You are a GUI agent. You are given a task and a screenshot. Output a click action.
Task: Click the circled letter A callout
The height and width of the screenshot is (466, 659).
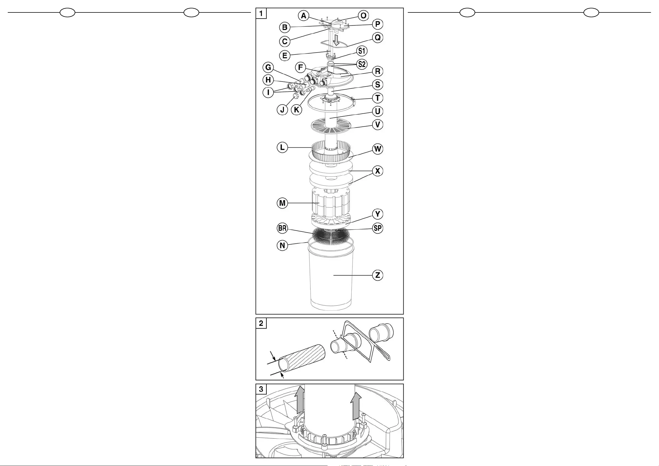(303, 16)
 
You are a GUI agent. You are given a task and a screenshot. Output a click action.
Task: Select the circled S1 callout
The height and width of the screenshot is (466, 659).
(362, 51)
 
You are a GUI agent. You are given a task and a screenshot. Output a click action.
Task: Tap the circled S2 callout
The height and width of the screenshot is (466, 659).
(362, 64)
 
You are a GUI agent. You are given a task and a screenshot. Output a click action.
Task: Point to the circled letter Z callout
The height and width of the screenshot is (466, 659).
(377, 275)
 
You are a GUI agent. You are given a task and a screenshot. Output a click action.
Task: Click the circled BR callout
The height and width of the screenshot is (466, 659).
(282, 228)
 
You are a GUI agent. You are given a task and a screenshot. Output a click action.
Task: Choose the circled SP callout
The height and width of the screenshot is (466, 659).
(377, 228)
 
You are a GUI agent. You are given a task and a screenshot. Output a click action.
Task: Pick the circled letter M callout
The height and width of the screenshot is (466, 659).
(282, 203)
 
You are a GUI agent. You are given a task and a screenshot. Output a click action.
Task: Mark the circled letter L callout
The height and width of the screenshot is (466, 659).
(282, 147)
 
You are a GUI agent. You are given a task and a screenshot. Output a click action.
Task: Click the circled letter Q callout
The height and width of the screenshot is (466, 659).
(377, 38)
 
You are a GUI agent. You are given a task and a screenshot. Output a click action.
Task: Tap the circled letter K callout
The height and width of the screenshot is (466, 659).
(297, 110)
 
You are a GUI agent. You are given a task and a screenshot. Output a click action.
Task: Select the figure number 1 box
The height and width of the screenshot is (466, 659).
(261, 13)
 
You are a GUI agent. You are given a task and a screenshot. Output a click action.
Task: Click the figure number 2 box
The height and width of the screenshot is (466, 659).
(261, 323)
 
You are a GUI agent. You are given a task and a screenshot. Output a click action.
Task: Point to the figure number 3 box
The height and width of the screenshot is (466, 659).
(261, 389)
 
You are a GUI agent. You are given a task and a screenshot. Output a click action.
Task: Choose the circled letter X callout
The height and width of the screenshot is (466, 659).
(377, 171)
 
